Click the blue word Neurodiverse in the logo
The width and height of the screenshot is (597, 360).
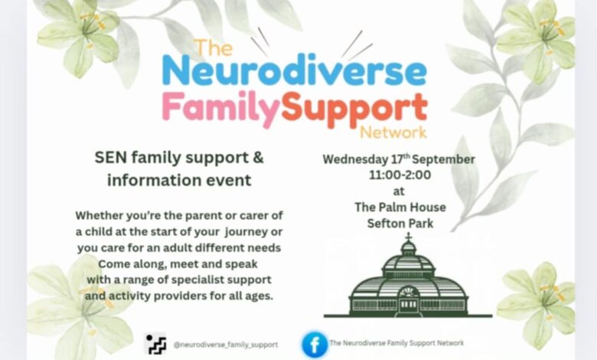click(294, 70)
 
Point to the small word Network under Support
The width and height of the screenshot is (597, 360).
click(393, 133)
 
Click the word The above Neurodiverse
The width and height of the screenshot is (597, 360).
click(214, 47)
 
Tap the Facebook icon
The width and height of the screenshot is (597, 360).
click(315, 345)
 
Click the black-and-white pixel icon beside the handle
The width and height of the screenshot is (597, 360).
click(155, 344)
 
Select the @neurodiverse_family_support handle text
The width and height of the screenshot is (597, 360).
click(225, 345)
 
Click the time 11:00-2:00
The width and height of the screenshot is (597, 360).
click(400, 175)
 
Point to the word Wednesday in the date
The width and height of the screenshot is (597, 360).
click(356, 159)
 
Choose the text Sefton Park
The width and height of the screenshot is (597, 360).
click(400, 223)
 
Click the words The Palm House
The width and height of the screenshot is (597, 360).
click(400, 208)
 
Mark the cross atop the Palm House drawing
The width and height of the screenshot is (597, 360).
click(408, 237)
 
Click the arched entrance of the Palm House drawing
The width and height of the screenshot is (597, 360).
click(408, 301)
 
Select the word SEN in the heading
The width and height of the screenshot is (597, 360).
click(110, 157)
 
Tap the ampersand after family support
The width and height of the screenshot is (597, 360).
click(259, 157)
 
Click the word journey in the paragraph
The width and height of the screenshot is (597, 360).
click(246, 232)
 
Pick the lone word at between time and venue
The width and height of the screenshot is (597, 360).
click(399, 191)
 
